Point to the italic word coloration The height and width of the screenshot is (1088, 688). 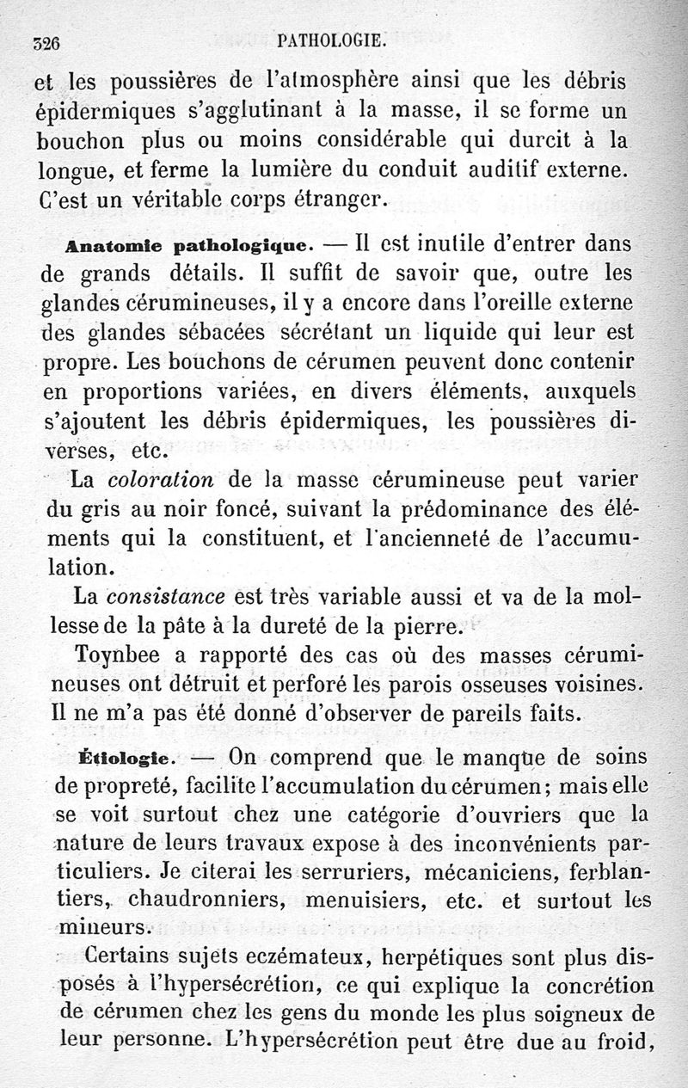coord(164,477)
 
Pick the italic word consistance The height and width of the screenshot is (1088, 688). coord(167,595)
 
